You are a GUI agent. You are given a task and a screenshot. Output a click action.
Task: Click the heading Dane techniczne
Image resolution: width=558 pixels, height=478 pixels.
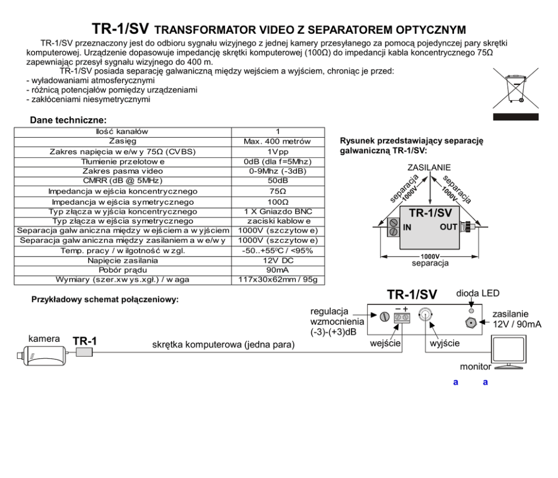click(x=68, y=120)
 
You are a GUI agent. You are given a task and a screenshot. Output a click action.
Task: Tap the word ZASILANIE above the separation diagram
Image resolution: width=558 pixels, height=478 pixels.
click(x=429, y=168)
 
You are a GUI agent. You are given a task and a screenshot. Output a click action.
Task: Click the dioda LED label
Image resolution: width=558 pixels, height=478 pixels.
click(x=478, y=294)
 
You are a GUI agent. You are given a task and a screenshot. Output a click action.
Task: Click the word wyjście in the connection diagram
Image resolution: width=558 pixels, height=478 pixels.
click(x=445, y=342)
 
